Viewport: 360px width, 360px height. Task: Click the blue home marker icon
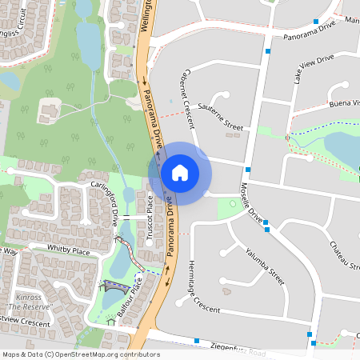tap(180, 172)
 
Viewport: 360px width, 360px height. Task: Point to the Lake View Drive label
tap(314, 70)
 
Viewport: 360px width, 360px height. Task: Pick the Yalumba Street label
tap(266, 265)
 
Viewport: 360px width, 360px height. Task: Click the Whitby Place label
tap(68, 250)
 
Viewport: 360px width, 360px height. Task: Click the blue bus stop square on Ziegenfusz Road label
tap(196, 341)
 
